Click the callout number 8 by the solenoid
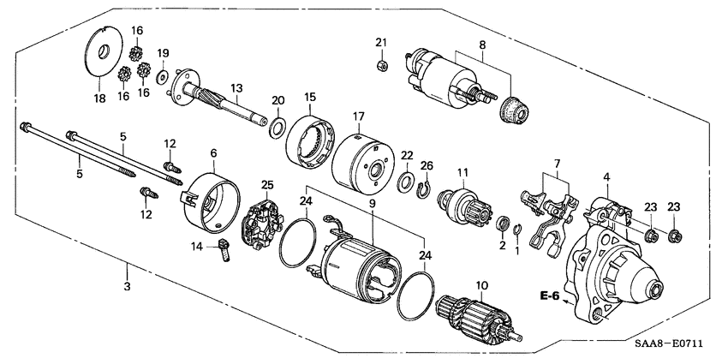tap(482, 45)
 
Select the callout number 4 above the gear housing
tap(606, 177)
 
